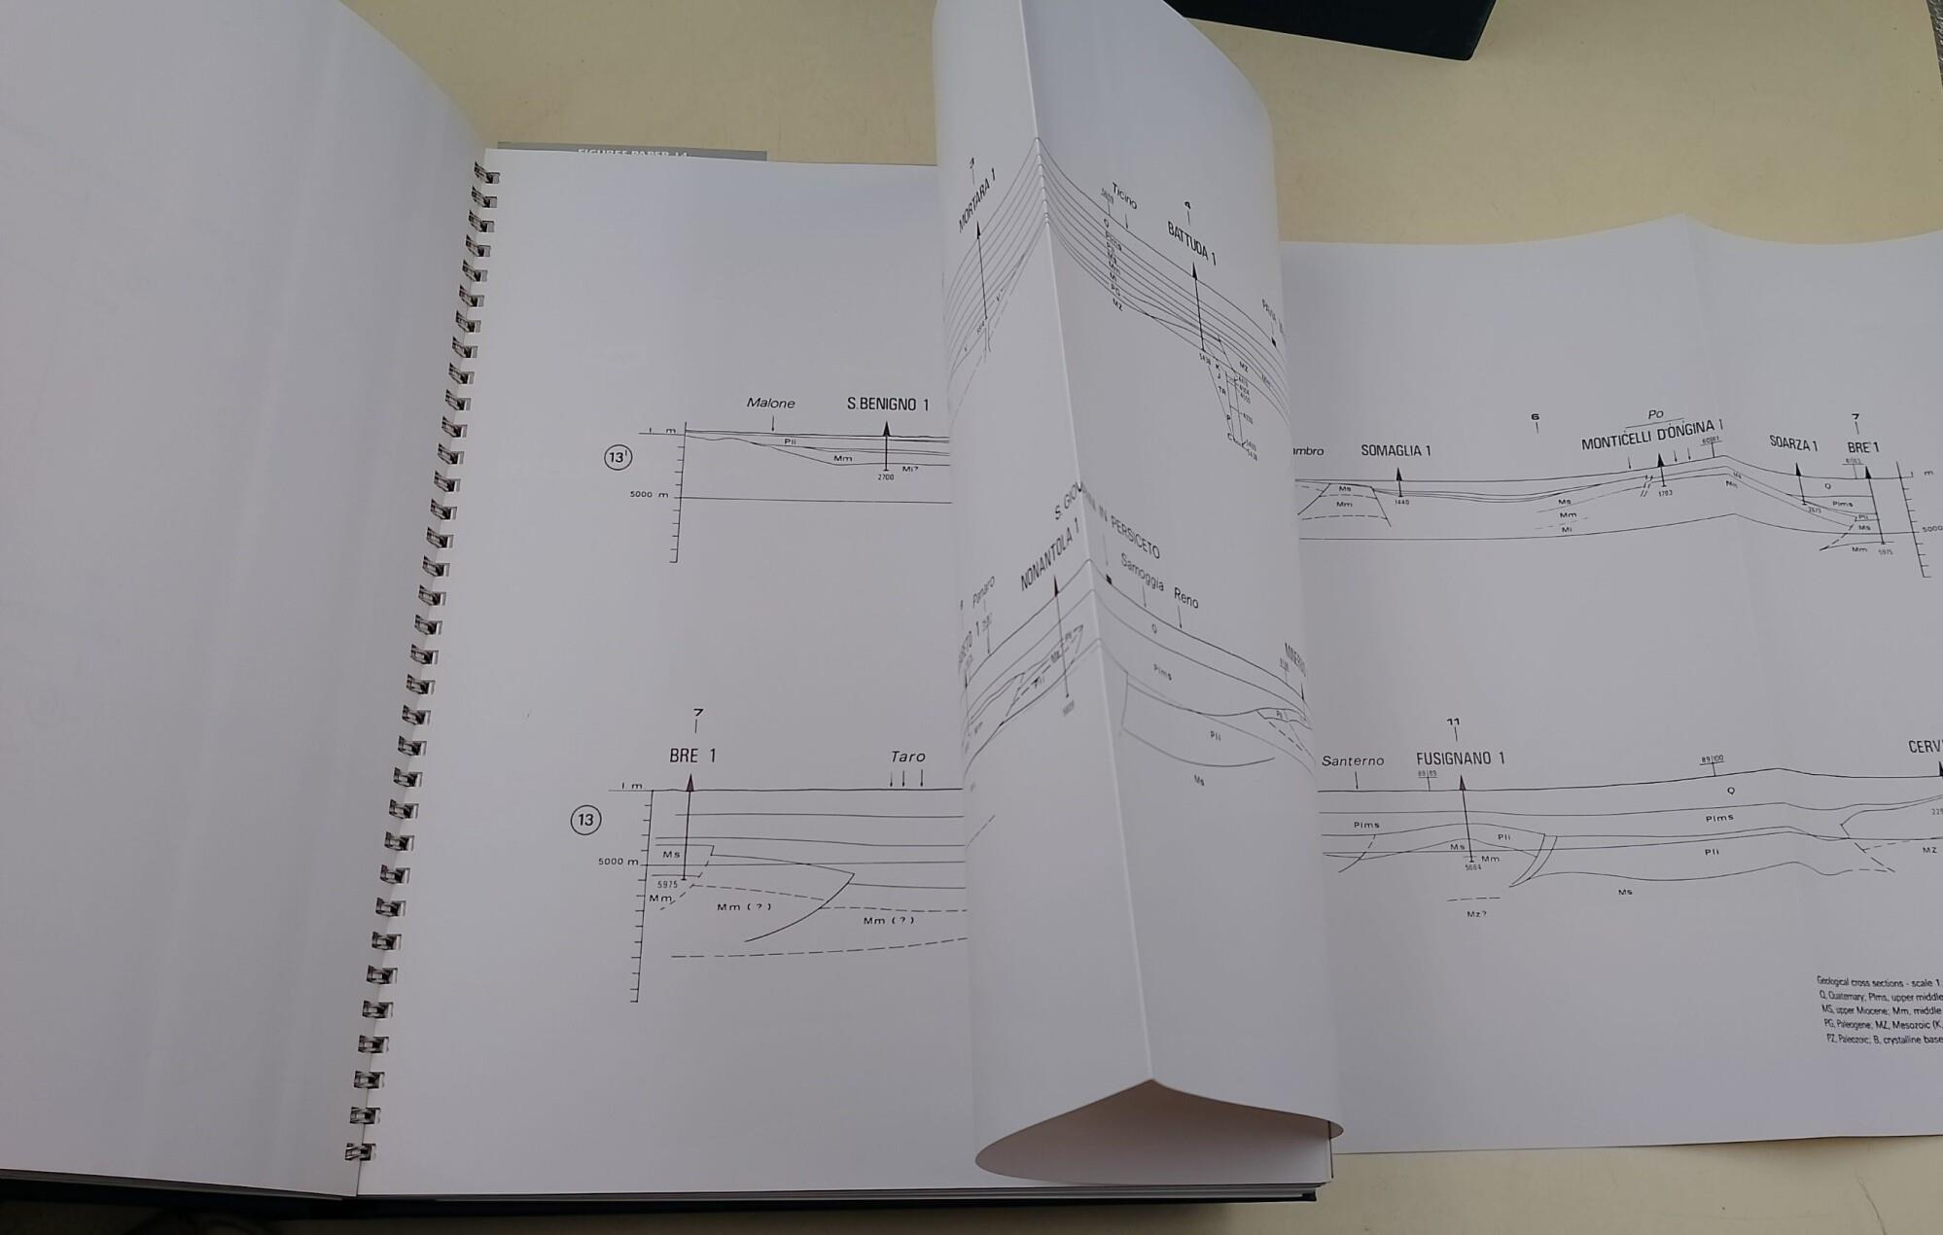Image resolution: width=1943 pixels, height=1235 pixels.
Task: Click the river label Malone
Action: (x=770, y=403)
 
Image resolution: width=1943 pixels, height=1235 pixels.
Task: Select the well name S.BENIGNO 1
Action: (x=888, y=404)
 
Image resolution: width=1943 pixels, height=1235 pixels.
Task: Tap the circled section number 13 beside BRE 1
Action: (x=585, y=820)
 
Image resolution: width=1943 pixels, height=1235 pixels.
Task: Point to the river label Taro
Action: (x=907, y=757)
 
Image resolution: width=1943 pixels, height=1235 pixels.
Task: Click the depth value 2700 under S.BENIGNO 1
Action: (x=885, y=477)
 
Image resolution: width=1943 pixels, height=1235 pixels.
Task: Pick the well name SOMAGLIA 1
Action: (x=1395, y=451)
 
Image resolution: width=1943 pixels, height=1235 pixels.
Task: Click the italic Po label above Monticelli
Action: (x=1655, y=414)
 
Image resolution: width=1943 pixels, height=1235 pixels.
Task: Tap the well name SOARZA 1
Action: (x=1793, y=444)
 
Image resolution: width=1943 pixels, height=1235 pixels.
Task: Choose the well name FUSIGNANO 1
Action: (x=1461, y=759)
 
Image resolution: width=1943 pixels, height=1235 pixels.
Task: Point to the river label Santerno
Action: (x=1353, y=760)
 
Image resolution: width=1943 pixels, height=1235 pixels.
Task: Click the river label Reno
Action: (x=1185, y=597)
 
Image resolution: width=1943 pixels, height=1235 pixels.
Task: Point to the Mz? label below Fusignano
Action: (x=1476, y=914)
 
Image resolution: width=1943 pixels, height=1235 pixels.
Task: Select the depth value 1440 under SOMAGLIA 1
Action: (x=1401, y=502)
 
